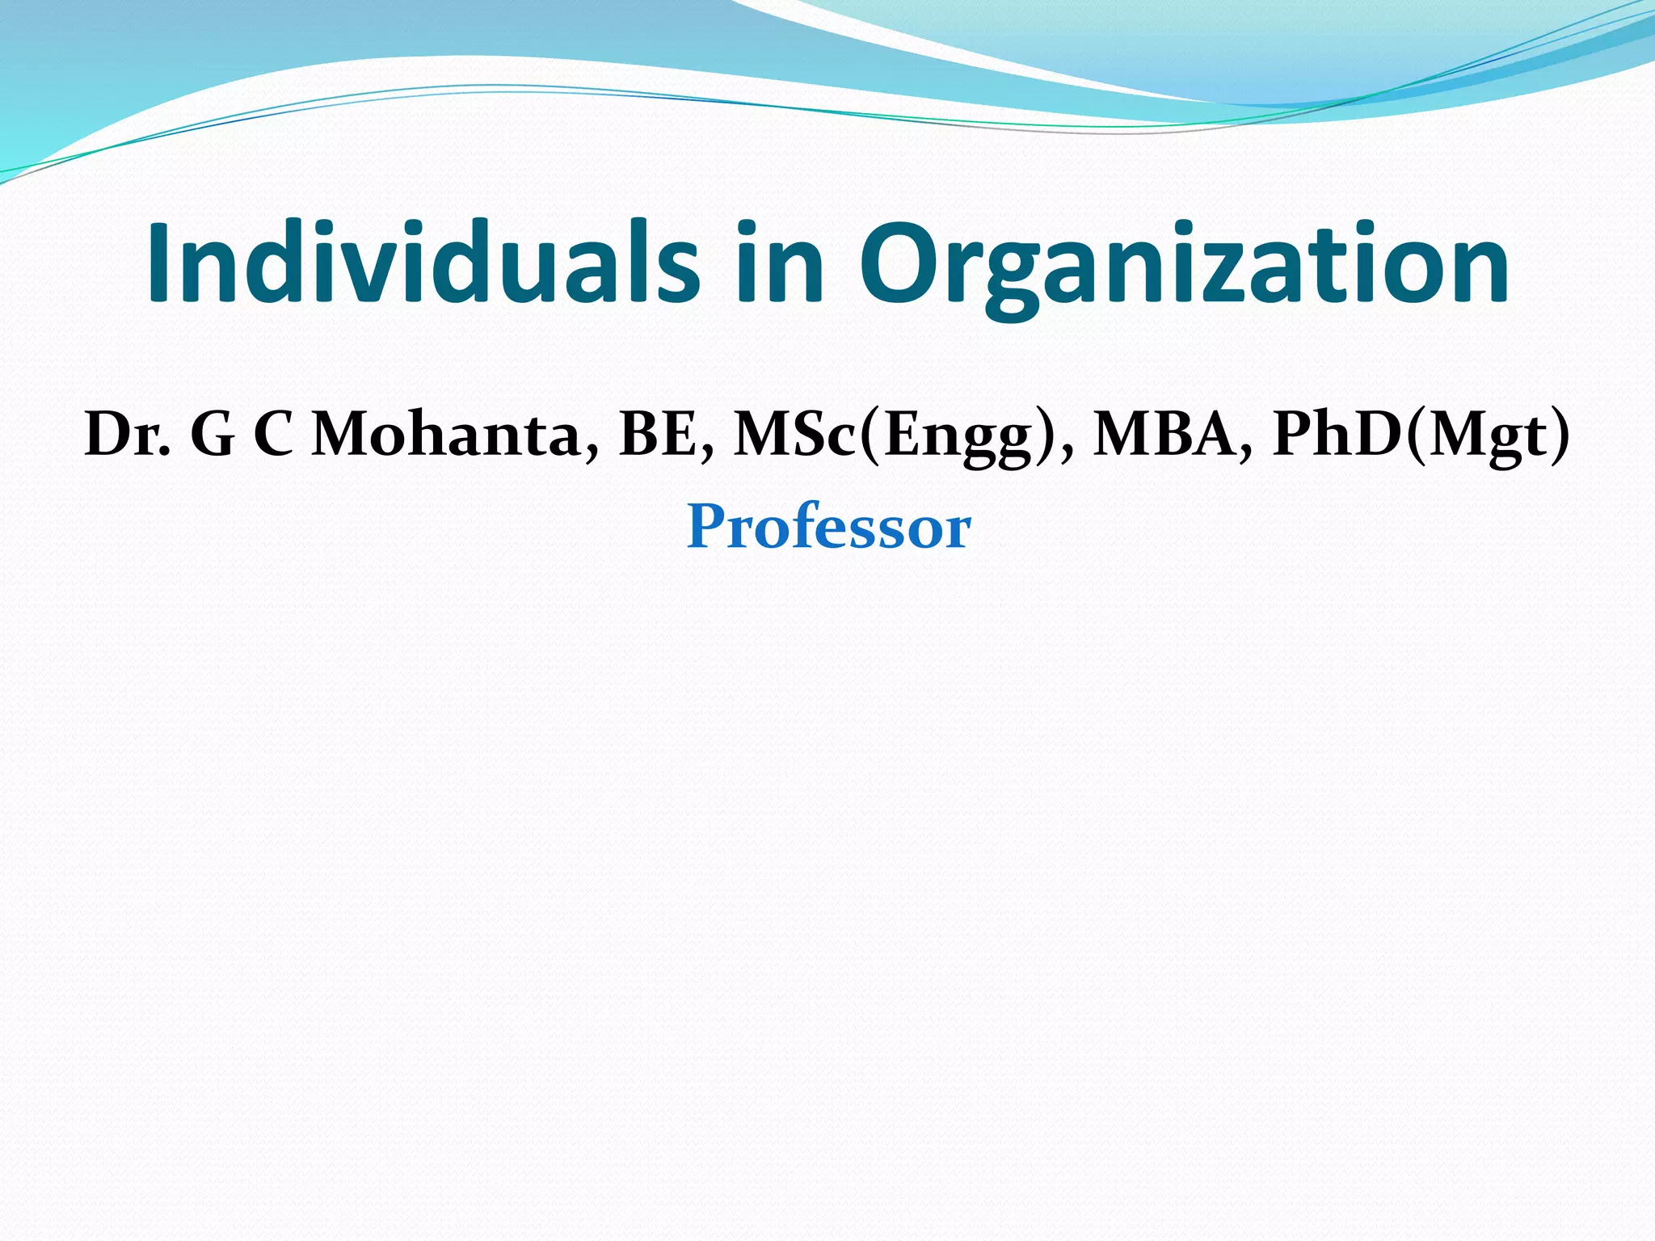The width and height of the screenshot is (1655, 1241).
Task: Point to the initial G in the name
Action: (x=213, y=435)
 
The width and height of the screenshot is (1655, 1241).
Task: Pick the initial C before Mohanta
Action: (x=273, y=435)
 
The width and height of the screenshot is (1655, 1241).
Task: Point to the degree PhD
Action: (x=1338, y=435)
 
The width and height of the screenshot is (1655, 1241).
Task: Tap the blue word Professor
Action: (x=828, y=527)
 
